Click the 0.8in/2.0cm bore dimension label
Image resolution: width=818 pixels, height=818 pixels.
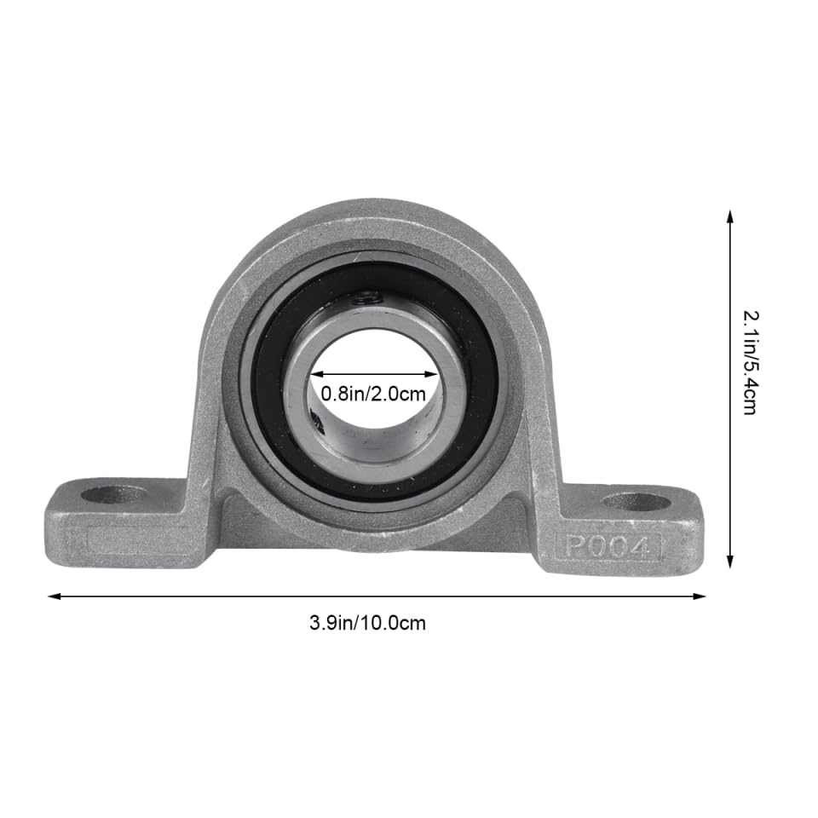tap(372, 394)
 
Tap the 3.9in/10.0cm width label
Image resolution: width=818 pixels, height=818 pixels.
tap(367, 623)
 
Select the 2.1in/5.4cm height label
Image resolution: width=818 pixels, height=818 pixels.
tap(750, 361)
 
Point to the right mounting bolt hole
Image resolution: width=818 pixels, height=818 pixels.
tap(636, 501)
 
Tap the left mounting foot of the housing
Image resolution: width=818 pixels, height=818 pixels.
tap(119, 520)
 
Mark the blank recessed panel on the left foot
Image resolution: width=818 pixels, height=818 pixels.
tap(141, 541)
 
